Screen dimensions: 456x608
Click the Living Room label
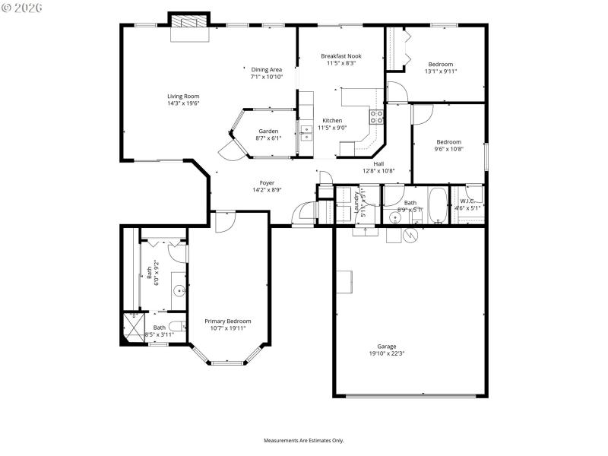point(183,96)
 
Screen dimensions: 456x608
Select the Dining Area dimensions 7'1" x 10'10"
point(266,77)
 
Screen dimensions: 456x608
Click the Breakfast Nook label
point(340,55)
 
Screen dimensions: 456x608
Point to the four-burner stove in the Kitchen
point(376,116)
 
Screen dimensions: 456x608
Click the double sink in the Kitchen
point(306,134)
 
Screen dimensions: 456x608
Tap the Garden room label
point(268,131)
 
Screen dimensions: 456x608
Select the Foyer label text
point(267,182)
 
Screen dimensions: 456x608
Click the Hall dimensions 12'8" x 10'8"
point(378,171)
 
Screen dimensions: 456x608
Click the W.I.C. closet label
point(467,201)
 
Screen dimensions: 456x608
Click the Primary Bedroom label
point(227,321)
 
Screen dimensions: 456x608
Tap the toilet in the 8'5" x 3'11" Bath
point(174,329)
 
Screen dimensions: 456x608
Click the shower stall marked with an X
point(132,328)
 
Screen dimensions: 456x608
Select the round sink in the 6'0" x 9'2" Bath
point(179,290)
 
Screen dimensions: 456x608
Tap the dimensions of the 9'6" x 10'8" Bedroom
point(448,149)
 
